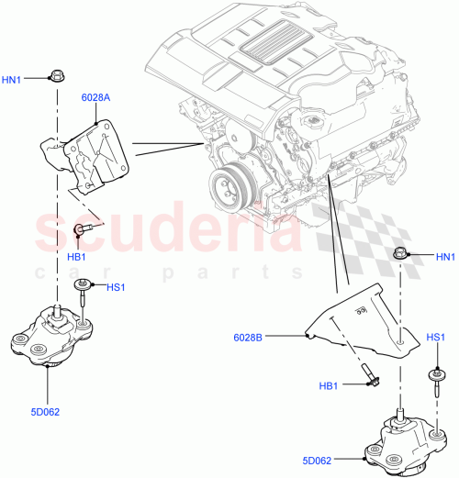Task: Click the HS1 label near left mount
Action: (x=116, y=287)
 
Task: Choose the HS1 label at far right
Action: (x=436, y=338)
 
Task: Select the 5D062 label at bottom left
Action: (x=44, y=412)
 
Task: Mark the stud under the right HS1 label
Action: (x=431, y=376)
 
